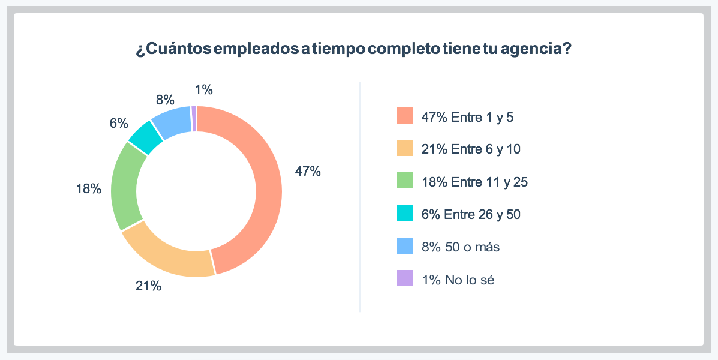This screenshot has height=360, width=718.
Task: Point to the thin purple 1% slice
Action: coord(194,118)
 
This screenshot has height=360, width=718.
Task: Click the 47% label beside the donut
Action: coord(307,172)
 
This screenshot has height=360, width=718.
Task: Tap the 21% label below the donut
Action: coord(148,286)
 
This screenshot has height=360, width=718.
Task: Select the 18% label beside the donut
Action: coord(88,189)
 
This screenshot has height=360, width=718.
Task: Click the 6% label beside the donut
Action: coord(119,124)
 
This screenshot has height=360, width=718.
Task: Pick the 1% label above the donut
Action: coord(204,90)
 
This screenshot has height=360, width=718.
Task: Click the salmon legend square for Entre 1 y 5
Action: coord(405,116)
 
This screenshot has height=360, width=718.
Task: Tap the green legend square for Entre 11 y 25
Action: coord(405,181)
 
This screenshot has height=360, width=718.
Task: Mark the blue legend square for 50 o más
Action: coord(405,246)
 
